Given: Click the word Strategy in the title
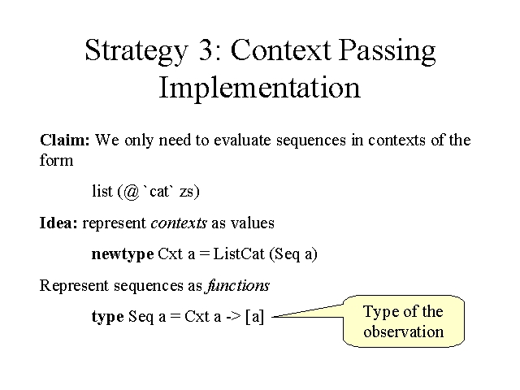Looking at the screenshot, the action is [136, 50].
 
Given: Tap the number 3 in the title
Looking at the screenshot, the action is [206, 50].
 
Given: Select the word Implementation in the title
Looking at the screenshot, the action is [260, 89].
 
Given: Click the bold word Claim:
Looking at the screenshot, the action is [65, 140].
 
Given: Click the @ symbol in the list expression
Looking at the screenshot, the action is [132, 192].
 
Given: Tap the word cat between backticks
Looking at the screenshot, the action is [159, 192].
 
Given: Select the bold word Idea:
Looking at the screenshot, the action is [58, 223].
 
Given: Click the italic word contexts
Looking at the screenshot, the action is [179, 223].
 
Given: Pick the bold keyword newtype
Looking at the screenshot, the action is [123, 254].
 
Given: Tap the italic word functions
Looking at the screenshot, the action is [237, 285].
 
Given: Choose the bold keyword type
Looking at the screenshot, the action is [108, 317].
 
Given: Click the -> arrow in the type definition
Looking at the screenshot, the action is [233, 317].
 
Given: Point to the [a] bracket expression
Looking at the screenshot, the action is [254, 317].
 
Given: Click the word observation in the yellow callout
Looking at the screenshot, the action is [404, 331].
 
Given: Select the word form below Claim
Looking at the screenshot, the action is [56, 160].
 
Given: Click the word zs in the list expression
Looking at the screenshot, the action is [186, 193].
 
